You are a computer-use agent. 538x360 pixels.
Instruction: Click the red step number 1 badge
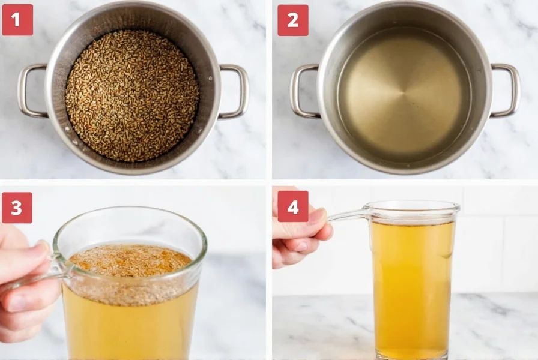coord(17,20)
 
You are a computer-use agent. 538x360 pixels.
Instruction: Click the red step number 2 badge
coord(292,20)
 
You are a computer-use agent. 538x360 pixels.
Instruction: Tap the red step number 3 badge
coord(17,208)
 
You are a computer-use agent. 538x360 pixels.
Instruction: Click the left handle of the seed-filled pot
coord(30,91)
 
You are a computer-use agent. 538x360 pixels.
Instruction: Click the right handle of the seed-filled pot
coord(235,91)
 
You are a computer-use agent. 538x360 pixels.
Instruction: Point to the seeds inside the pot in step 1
coord(132,96)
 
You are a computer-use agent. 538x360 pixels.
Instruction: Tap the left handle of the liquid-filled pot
coord(303,91)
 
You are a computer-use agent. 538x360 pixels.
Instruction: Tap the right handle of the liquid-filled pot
coord(507,91)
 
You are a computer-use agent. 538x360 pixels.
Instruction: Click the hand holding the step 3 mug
coord(24,282)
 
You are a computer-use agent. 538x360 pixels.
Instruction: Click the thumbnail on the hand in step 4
coord(317,216)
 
